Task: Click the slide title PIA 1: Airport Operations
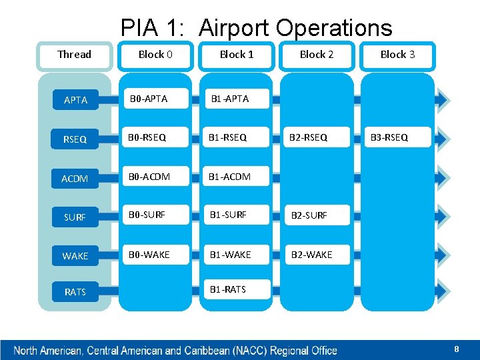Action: point(256,28)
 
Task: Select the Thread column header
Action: point(74,55)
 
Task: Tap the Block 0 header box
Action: point(155,55)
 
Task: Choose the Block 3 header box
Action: point(397,55)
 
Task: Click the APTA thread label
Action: point(75,100)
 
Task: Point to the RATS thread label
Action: point(75,292)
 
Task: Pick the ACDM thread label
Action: point(75,179)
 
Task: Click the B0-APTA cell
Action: point(149,99)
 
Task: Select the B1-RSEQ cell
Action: point(227,138)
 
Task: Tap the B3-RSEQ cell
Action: point(389,138)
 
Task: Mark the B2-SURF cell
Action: point(308,215)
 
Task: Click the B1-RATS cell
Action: point(227,289)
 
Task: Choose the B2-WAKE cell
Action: point(309,254)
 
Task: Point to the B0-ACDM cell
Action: point(150,177)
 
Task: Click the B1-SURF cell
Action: point(228,215)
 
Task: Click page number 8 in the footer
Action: point(456,349)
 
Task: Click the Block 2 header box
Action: point(317,55)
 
